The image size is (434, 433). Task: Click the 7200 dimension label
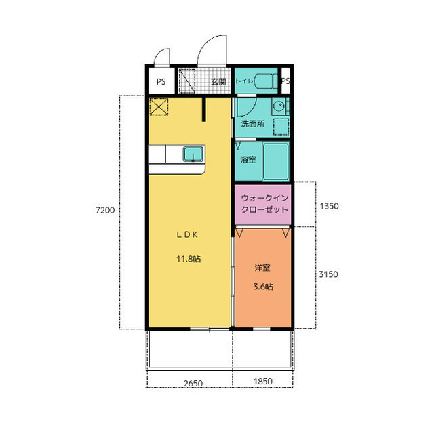105,210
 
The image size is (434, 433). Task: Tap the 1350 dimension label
329,206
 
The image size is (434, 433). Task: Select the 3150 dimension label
328,274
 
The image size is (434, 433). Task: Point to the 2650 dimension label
193,384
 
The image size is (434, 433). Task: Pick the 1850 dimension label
263,382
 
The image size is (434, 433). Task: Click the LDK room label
187,234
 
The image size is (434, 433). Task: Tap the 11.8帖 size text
189,259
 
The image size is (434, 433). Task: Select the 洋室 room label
262,268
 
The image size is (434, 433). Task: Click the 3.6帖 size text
263,287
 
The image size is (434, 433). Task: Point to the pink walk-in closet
262,205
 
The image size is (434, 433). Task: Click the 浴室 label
248,159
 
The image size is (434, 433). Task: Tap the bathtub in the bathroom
276,161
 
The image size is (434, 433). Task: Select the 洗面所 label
253,123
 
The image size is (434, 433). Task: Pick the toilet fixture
266,81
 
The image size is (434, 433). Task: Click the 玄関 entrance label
218,81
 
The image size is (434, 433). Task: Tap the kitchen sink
193,154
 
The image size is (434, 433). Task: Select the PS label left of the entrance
161,81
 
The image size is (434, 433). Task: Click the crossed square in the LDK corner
159,107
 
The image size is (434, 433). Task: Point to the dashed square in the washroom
281,127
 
